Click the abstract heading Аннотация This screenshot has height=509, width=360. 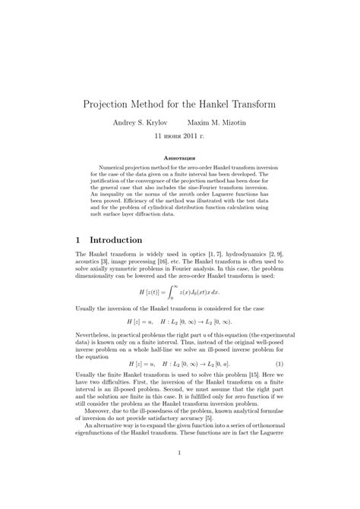tap(179, 161)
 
